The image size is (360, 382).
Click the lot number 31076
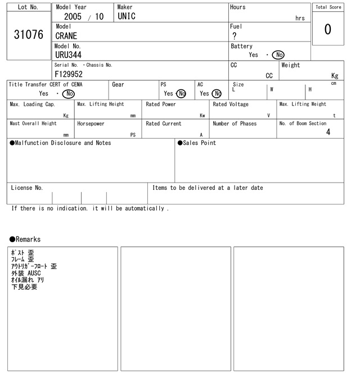point(28,35)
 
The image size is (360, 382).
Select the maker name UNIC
point(127,16)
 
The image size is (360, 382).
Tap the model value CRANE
point(66,36)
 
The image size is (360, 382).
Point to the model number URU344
point(68,55)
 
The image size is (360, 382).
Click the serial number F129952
point(69,74)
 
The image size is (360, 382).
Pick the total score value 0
point(327,29)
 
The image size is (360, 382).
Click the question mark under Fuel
point(234,36)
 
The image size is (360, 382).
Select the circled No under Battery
point(278,55)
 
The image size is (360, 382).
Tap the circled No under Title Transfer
point(68,94)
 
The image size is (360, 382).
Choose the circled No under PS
point(181,94)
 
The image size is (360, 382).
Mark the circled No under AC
point(217,94)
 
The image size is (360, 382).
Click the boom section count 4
point(328,132)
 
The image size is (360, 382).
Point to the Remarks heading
point(25,239)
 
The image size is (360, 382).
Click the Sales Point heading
point(197,143)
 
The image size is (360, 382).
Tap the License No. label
point(27,188)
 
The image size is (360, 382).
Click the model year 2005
point(73,17)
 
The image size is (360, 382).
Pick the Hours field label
point(238,7)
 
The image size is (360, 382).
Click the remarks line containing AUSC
point(26,273)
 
